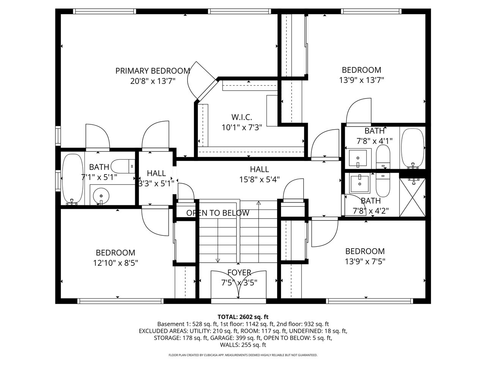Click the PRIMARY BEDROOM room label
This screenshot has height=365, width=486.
(153, 71)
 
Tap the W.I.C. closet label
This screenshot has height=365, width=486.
(242, 117)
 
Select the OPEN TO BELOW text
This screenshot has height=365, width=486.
(218, 213)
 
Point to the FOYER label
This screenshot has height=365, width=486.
(239, 272)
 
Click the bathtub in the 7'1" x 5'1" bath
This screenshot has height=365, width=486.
(72, 178)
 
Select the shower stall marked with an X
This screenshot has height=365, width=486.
(412, 198)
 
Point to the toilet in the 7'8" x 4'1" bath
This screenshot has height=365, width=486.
(383, 157)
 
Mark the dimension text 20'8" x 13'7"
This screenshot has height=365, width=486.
(152, 81)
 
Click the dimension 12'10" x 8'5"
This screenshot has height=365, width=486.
(115, 263)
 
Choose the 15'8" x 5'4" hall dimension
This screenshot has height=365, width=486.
(259, 179)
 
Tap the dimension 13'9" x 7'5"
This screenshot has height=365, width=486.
(364, 262)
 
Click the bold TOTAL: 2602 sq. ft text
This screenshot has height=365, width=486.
(243, 316)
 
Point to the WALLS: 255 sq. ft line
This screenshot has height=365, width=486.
(243, 345)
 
